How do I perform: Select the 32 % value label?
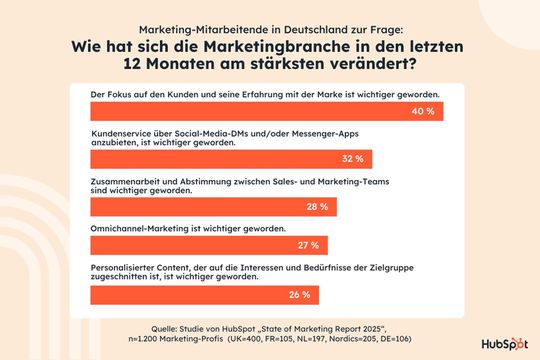tap(352, 159)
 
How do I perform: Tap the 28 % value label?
tap(317, 207)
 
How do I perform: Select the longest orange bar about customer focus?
tap(250, 111)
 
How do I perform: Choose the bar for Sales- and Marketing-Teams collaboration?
tap(200, 207)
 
